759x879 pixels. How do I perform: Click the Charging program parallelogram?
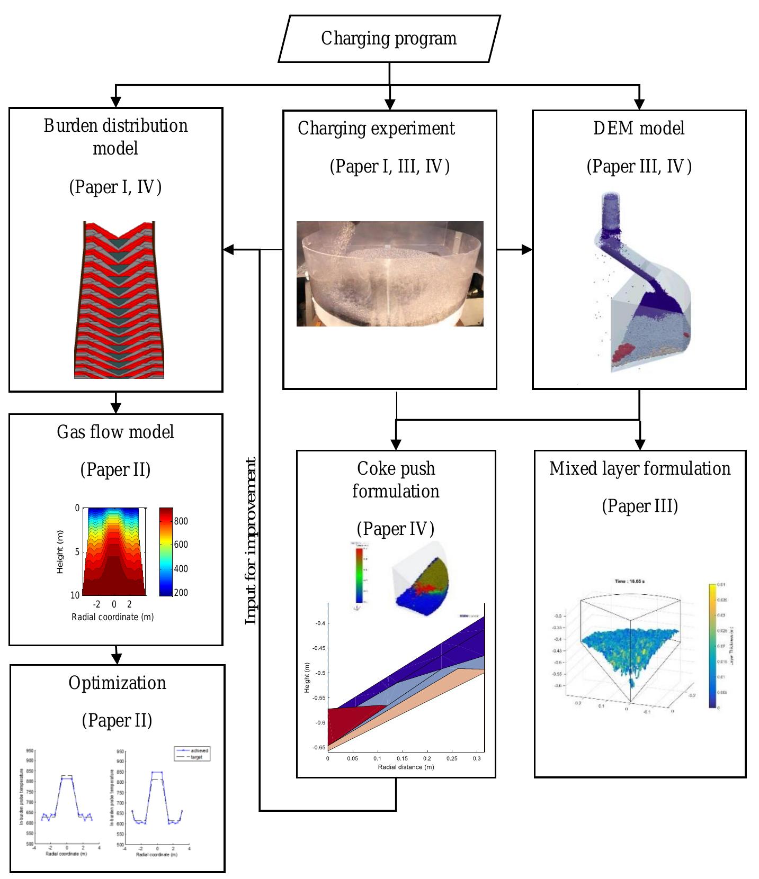pos(389,39)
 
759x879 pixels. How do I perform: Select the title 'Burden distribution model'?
pos(115,137)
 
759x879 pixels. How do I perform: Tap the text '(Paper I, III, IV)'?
pos(389,166)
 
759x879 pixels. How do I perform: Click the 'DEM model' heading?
pos(639,128)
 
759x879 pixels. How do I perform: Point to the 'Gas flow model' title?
pos(115,432)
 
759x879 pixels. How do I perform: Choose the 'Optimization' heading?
pos(117,683)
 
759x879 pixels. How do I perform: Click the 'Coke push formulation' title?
pos(396,479)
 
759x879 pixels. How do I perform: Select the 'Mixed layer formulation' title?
pos(640,468)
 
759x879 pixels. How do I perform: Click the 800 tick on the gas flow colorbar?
pos(181,521)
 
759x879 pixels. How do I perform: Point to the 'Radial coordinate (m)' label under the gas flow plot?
pos(113,617)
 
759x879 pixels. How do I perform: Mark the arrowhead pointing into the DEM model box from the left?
pos(527,249)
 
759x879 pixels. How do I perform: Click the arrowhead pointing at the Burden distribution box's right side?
pos(229,249)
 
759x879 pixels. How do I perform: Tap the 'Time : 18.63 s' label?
pos(629,581)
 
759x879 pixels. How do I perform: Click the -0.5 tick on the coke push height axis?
pos(319,673)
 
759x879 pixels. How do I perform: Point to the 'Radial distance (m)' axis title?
pos(406,767)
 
